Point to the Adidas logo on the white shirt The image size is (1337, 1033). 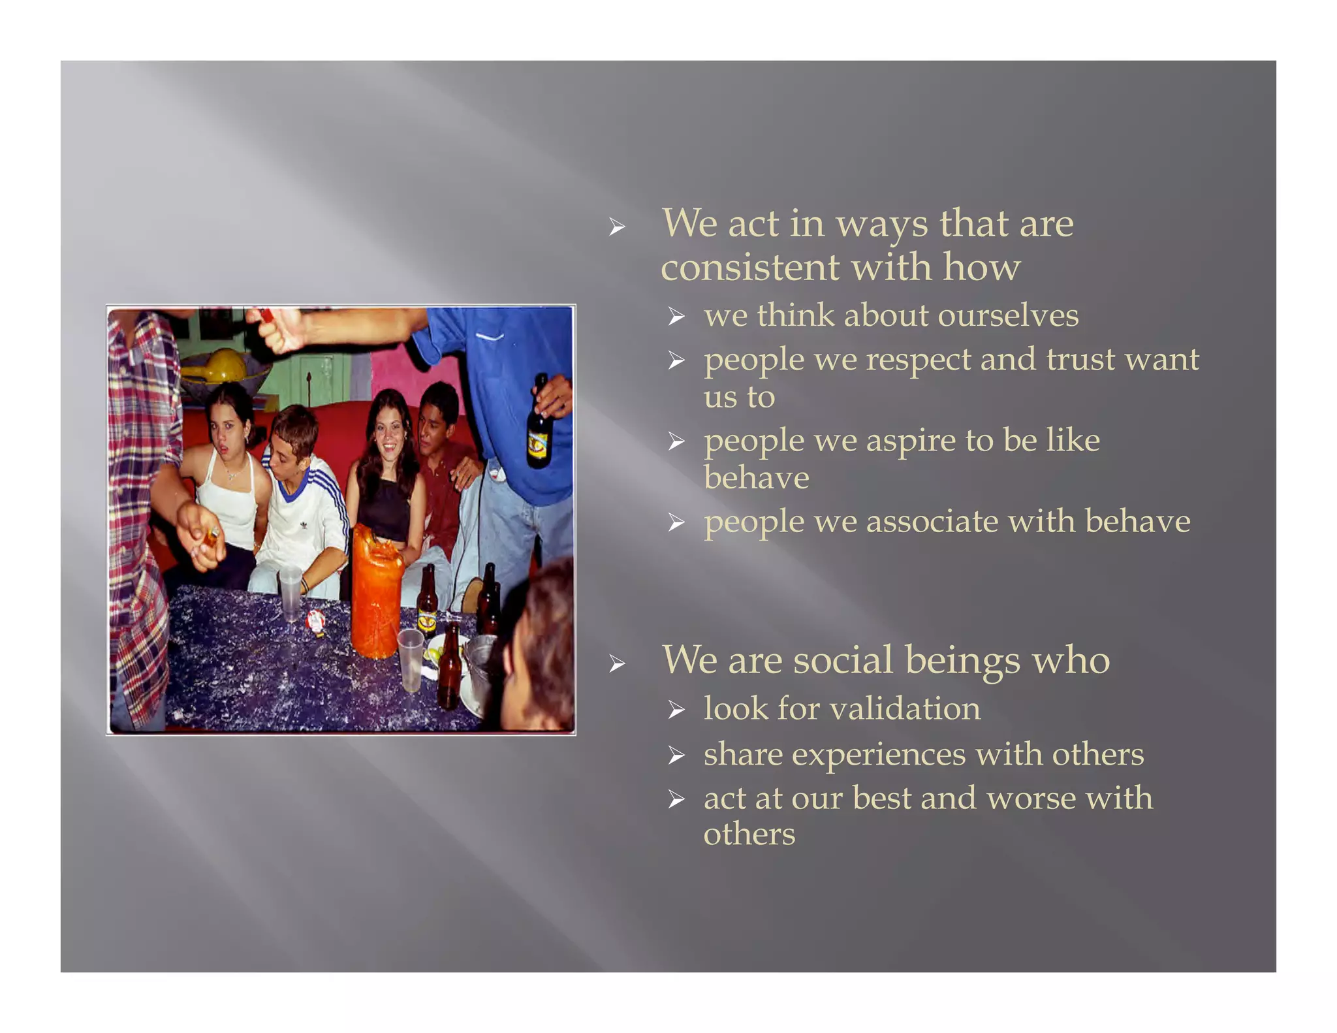point(304,524)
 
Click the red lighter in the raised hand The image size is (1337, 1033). point(266,315)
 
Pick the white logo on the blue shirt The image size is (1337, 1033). point(490,337)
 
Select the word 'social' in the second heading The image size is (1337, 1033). point(843,660)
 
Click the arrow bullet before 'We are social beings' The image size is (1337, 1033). point(617,665)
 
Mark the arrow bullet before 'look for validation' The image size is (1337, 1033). point(676,710)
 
